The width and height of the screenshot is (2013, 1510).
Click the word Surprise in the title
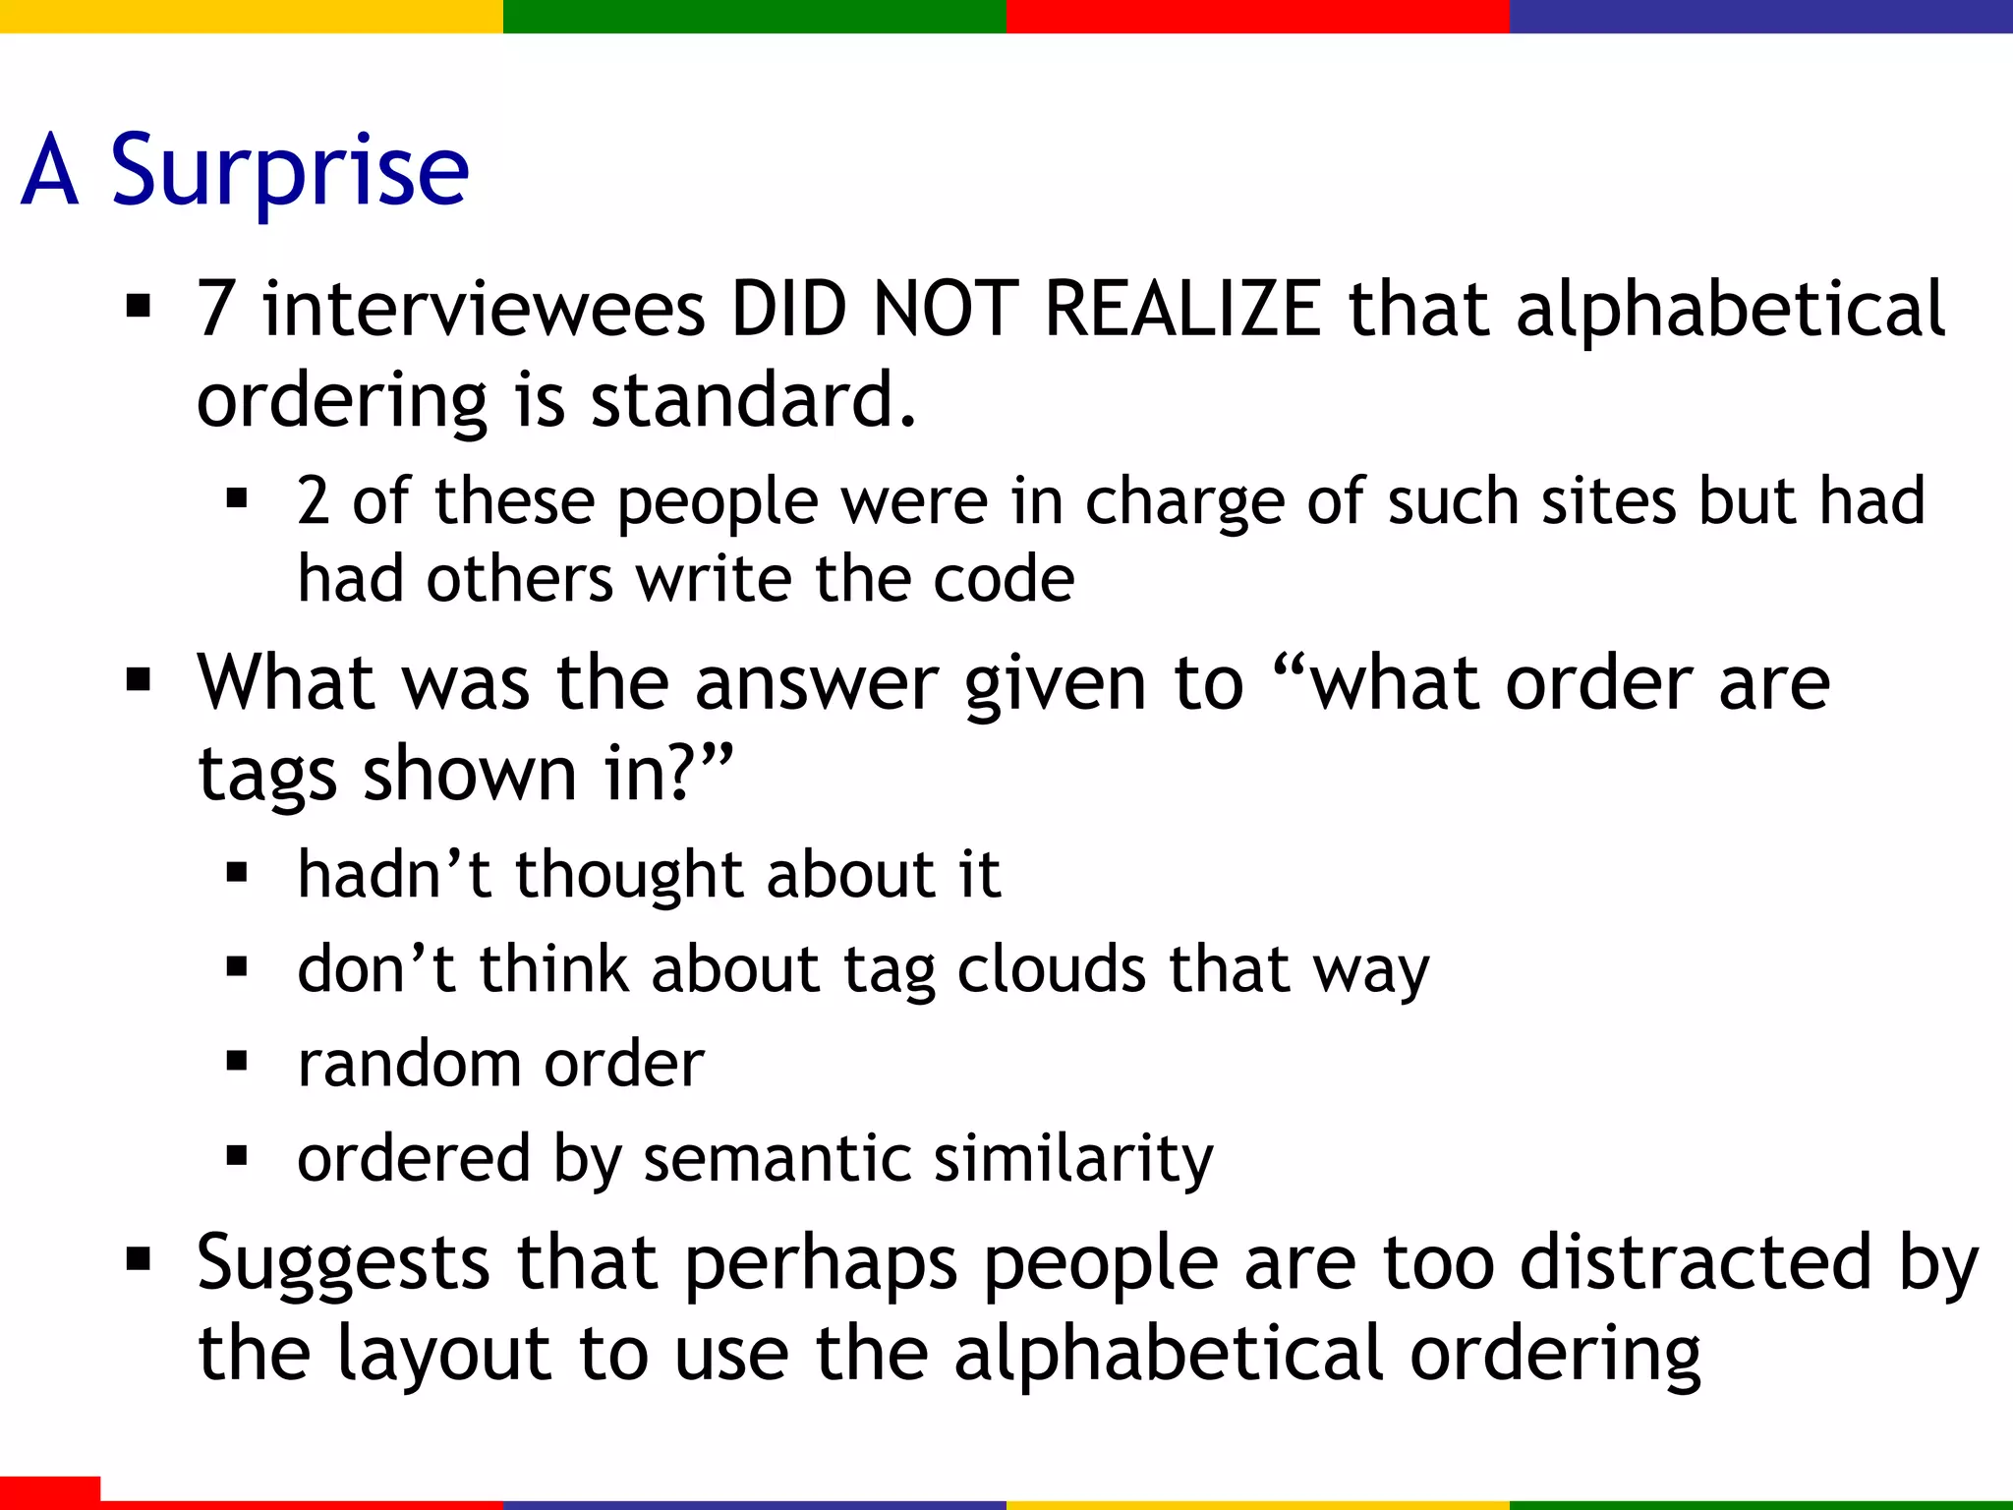coord(290,172)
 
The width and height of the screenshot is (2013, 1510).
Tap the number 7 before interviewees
coord(215,310)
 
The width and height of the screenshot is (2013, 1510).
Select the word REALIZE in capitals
coord(1182,310)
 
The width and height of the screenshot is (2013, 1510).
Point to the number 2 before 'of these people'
coord(313,501)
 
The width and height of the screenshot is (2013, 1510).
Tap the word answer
coord(816,683)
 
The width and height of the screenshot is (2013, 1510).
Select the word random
coord(409,1064)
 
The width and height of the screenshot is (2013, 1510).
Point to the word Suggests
coord(343,1264)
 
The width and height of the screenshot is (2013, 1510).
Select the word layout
coord(443,1355)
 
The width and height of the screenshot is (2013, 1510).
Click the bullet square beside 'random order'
coord(237,1062)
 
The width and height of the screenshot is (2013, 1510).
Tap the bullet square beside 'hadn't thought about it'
coord(237,872)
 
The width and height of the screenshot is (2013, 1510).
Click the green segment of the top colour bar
coord(754,16)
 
